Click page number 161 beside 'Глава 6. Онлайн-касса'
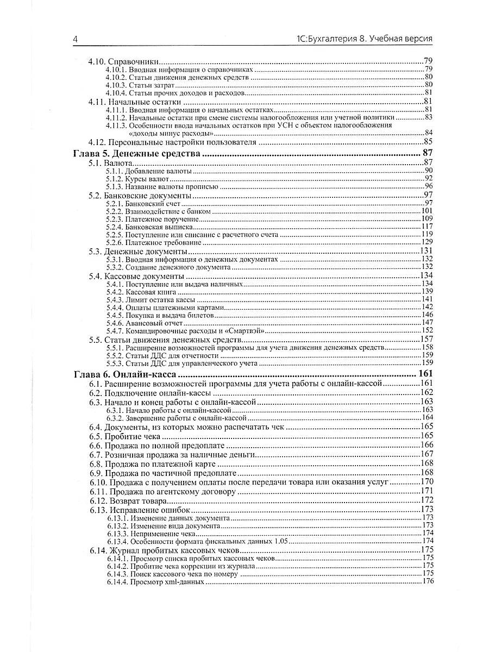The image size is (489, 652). [x=424, y=374]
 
